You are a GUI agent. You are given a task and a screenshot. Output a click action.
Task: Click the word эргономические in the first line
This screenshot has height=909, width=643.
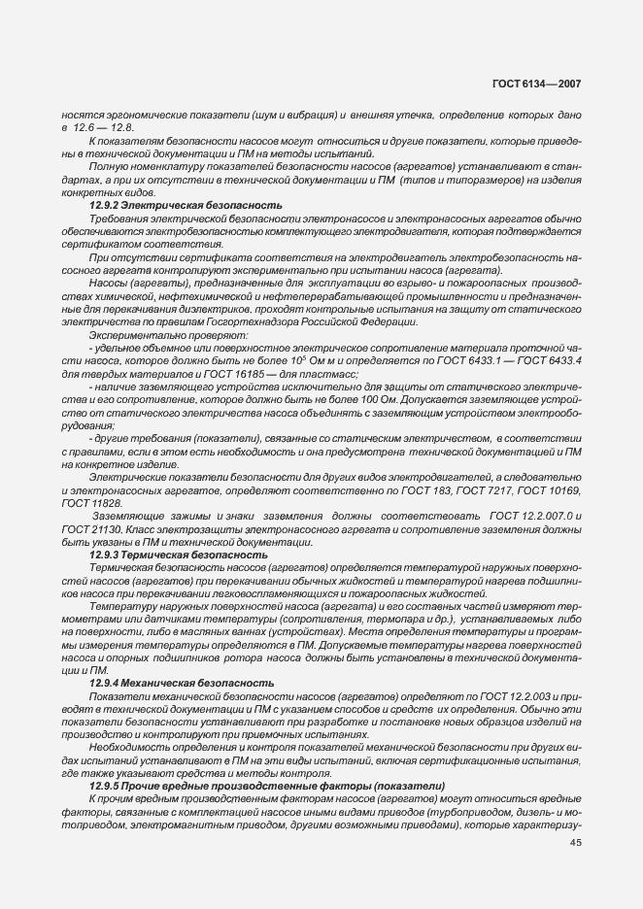pos(141,114)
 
